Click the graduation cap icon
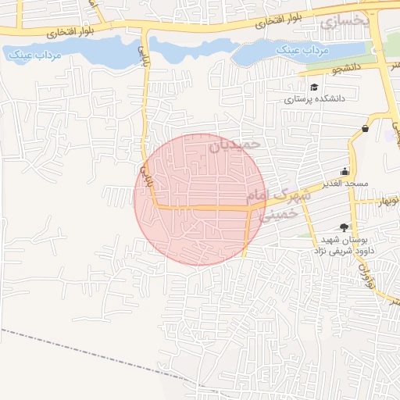click(x=314, y=87)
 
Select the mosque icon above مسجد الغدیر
click(x=345, y=171)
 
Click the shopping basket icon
click(x=365, y=128)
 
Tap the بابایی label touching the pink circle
click(x=144, y=171)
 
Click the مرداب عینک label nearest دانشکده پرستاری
click(x=306, y=50)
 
